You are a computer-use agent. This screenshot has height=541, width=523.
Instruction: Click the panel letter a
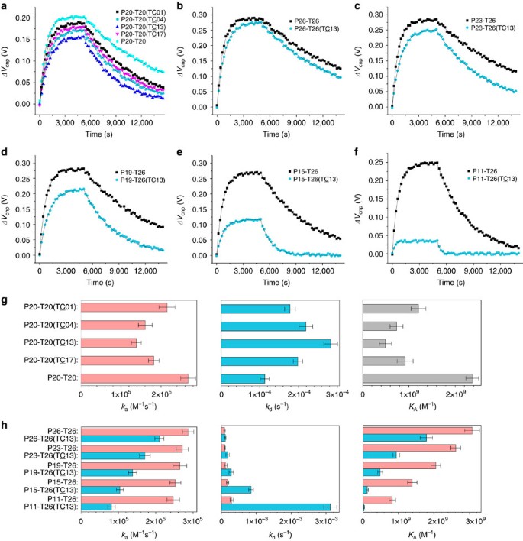click(x=4, y=5)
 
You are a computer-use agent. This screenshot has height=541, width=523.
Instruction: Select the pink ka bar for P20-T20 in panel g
click(x=134, y=378)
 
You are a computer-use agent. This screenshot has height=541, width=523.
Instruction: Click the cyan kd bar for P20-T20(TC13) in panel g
click(x=276, y=342)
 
